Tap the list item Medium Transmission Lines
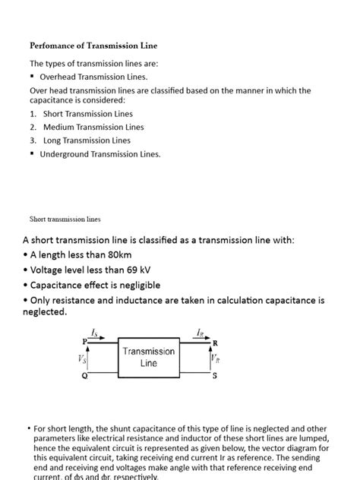pyautogui.click(x=93, y=127)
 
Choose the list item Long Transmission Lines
pyautogui.click(x=87, y=141)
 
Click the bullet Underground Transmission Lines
pyautogui.click(x=100, y=154)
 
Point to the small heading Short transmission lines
pyautogui.click(x=65, y=219)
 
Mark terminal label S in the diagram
pyautogui.click(x=214, y=376)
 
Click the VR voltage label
pyautogui.click(x=216, y=359)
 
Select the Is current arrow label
pyautogui.click(x=94, y=333)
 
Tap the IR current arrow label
pyautogui.click(x=200, y=333)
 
